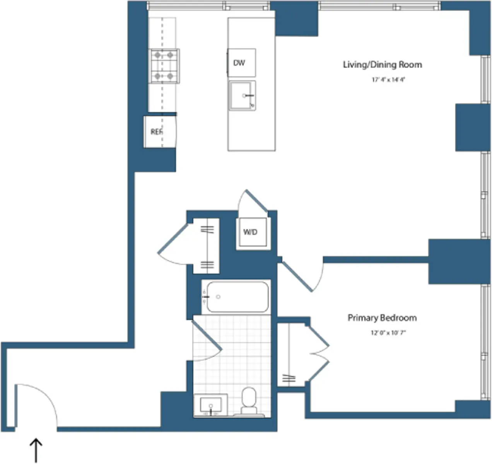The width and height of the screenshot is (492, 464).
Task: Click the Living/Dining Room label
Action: coord(382,65)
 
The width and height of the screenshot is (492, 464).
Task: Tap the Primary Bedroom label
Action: coord(382,318)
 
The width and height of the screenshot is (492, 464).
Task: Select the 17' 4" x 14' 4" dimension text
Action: coord(388,80)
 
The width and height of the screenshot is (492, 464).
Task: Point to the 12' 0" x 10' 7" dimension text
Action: coord(388,333)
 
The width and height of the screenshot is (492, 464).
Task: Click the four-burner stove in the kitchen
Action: coord(164,66)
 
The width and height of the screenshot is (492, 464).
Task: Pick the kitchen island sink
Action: coord(242,96)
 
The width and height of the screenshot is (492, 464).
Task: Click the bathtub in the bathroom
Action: coord(237,297)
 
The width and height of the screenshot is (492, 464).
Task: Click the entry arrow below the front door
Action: coord(36,450)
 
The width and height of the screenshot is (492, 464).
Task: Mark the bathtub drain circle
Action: coord(218,297)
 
